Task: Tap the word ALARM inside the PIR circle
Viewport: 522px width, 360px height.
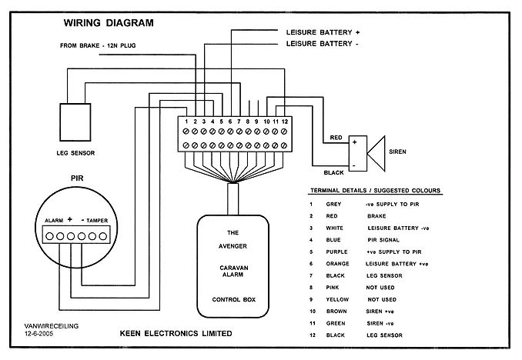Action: (48, 221)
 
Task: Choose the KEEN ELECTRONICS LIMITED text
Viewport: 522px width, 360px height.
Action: (175, 334)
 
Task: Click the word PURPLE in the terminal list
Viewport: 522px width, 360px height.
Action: (338, 252)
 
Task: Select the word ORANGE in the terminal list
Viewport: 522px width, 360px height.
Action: (339, 264)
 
